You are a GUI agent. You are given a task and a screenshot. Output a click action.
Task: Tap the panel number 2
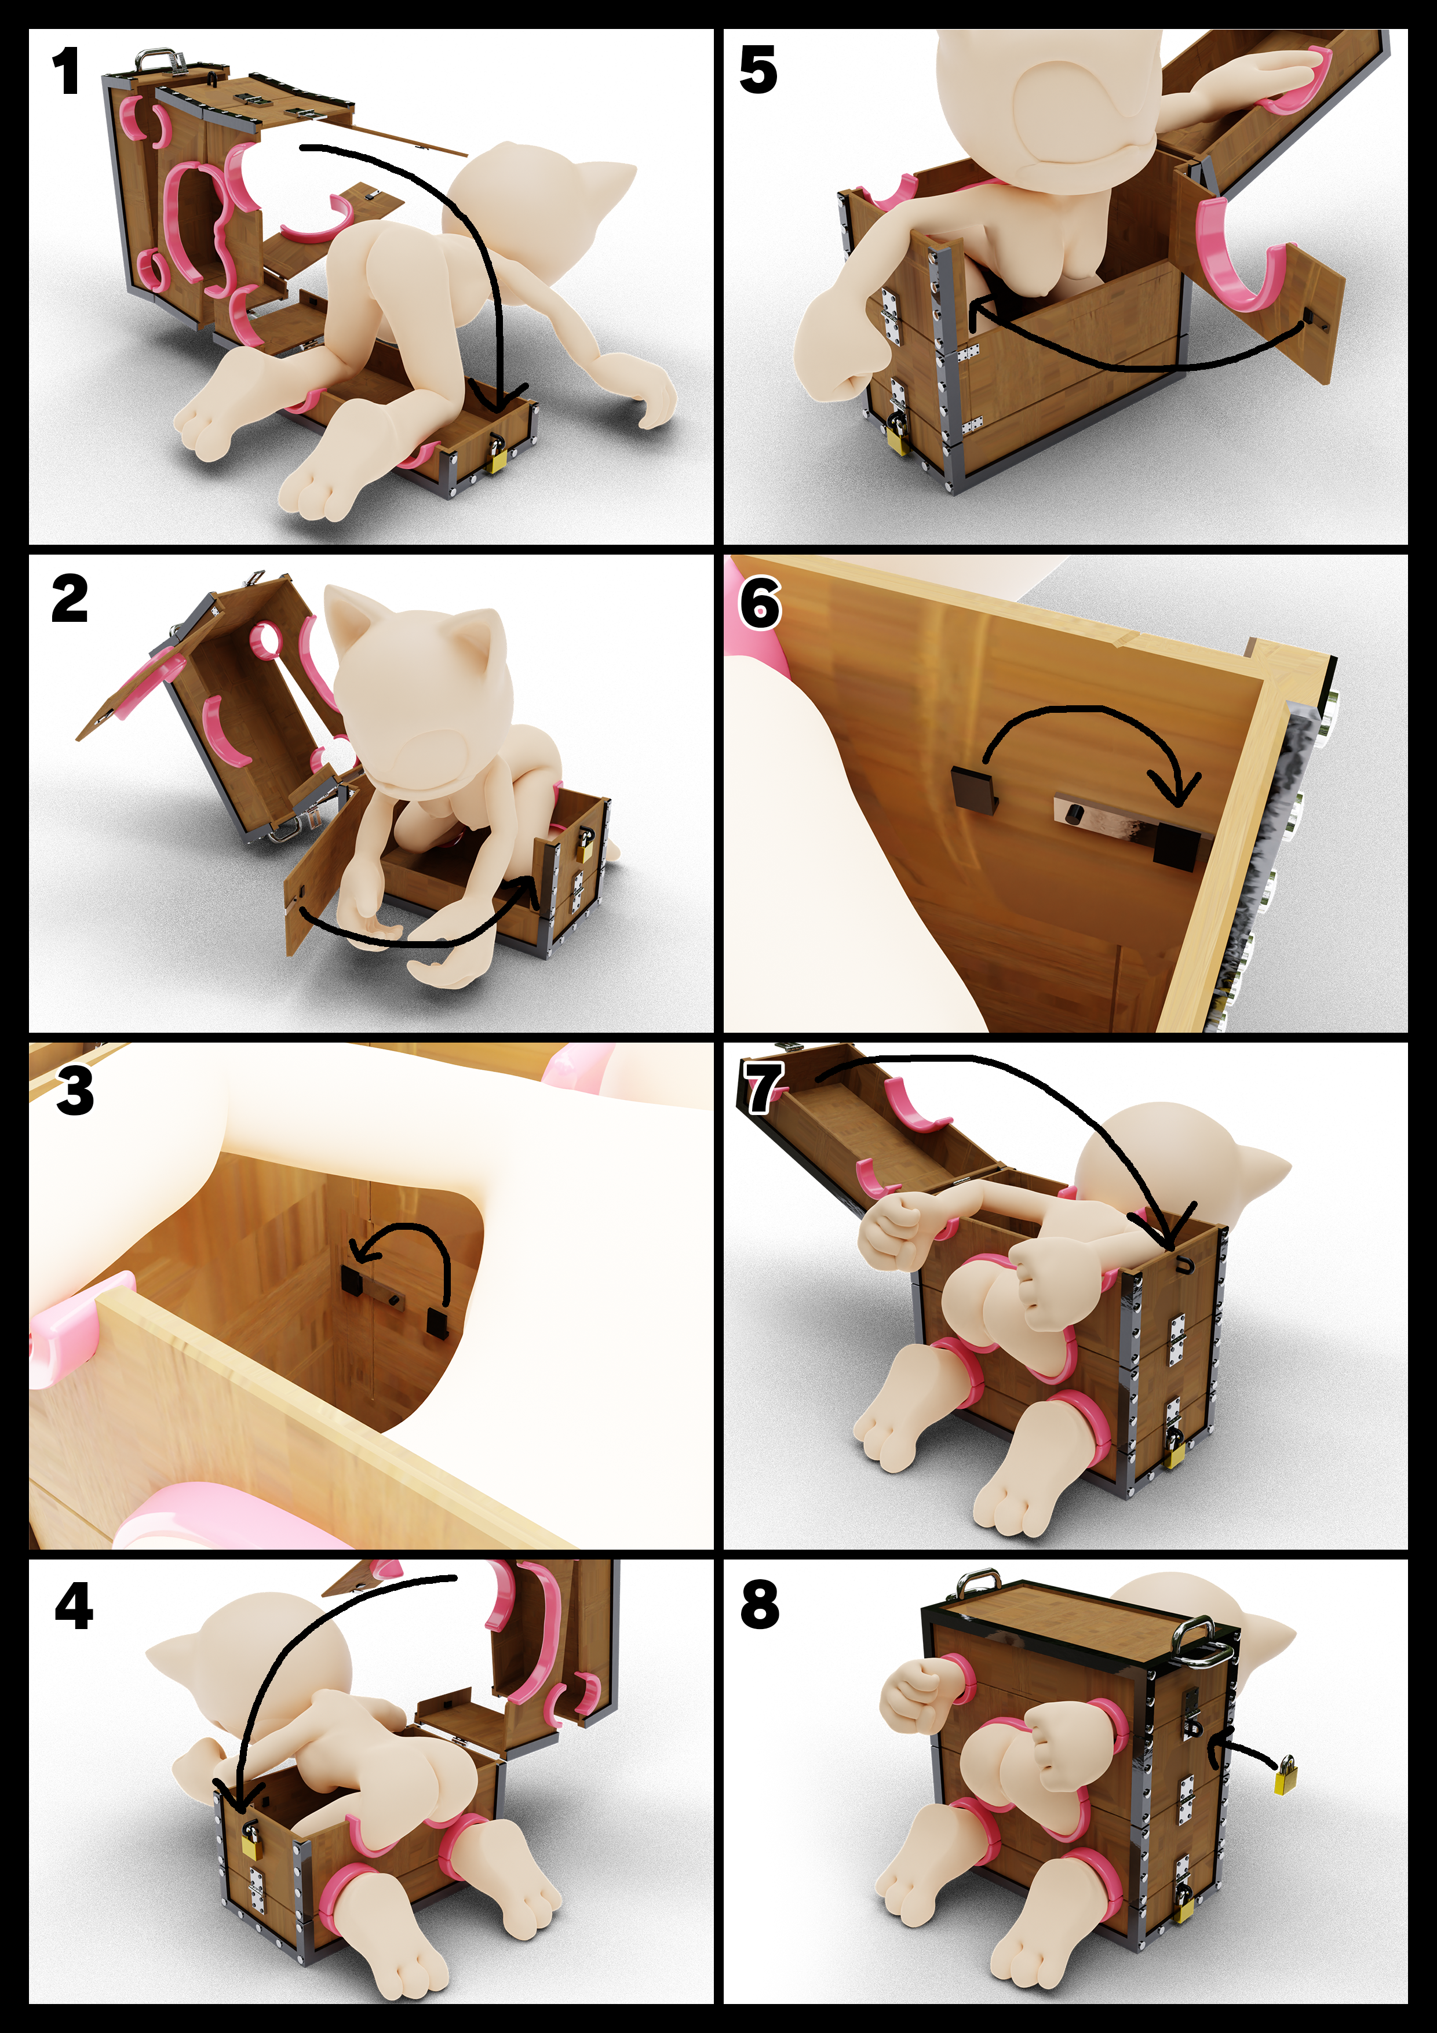click(70, 599)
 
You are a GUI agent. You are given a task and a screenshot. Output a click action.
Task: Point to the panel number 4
click(74, 1606)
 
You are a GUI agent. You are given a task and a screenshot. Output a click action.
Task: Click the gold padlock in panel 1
click(497, 455)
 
